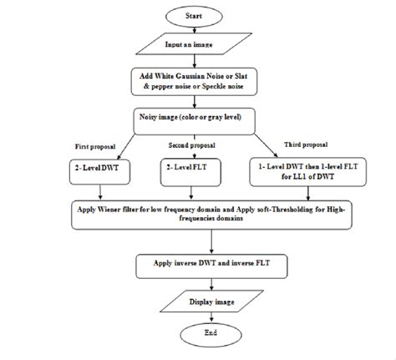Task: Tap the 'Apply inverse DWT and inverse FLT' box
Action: point(212,266)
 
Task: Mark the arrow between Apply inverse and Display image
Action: point(211,284)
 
